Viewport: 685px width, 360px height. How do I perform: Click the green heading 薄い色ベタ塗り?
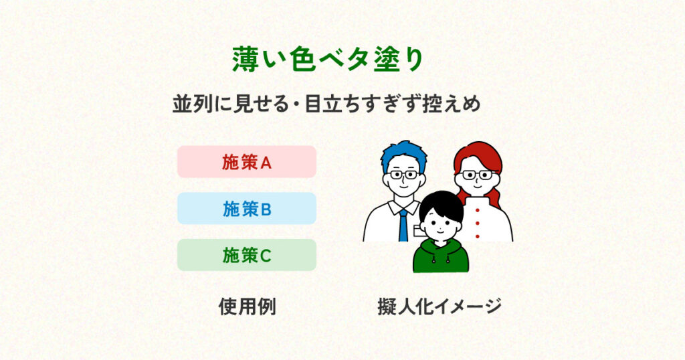(x=328, y=59)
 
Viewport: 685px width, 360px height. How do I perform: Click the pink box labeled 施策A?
(x=246, y=162)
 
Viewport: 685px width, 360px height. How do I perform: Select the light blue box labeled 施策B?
(x=246, y=208)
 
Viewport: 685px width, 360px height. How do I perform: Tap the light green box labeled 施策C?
(x=246, y=255)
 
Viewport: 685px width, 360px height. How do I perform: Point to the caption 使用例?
(x=248, y=306)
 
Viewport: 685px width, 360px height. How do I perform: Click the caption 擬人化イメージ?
(x=439, y=306)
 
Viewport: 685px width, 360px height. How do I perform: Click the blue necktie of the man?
(x=403, y=226)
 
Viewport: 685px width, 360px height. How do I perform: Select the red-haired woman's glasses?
(x=477, y=175)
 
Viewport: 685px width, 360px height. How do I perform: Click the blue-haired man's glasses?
(x=404, y=175)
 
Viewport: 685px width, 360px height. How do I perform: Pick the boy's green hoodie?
(x=440, y=257)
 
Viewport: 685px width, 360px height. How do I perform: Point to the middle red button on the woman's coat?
(x=477, y=223)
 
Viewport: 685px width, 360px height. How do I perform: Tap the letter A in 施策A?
(x=266, y=163)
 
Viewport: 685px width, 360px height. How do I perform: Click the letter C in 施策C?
(x=266, y=256)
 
